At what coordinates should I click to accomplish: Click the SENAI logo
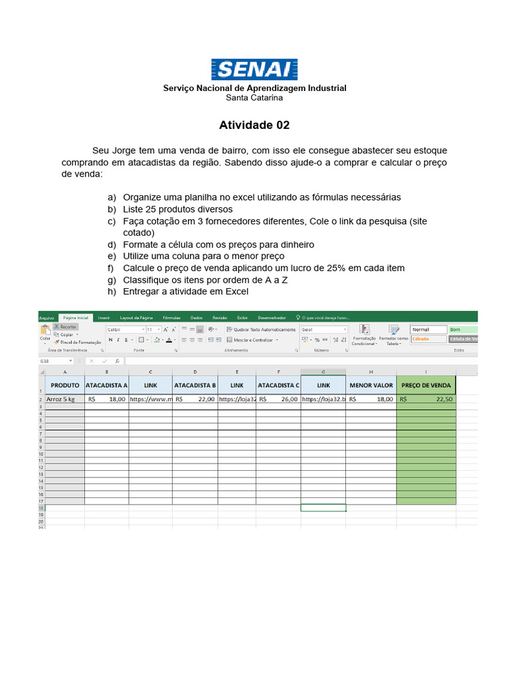[254, 69]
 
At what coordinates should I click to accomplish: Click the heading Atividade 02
[254, 125]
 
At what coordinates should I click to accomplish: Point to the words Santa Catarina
[254, 98]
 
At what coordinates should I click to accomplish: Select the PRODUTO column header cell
[64, 385]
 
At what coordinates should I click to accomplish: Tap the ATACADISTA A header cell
[106, 385]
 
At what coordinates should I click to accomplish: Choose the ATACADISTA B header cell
[195, 385]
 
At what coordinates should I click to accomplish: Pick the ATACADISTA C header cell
[278, 385]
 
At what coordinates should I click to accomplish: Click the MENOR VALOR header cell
[371, 385]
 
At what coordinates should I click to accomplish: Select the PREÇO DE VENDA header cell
[426, 385]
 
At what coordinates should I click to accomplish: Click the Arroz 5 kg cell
[64, 400]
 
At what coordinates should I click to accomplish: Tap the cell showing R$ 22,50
[426, 400]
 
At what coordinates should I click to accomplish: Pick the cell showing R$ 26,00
[278, 400]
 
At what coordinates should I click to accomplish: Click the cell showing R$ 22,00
[195, 400]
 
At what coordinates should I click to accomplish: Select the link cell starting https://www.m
[151, 400]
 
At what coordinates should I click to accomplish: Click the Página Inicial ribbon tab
[75, 318]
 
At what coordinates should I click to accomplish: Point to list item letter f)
[112, 268]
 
